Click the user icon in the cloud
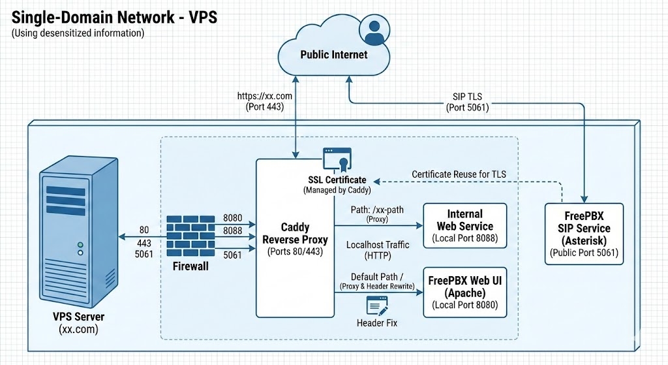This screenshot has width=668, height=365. (x=374, y=29)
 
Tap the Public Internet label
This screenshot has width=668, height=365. (x=333, y=55)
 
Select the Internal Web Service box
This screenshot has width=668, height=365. (x=464, y=226)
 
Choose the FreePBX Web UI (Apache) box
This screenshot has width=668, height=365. (x=464, y=292)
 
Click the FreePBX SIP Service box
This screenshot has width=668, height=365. (x=584, y=234)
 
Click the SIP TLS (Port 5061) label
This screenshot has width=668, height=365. (x=467, y=102)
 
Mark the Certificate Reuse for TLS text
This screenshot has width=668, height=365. (x=459, y=174)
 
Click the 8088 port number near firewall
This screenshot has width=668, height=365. (x=232, y=230)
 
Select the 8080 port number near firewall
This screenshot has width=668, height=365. (x=232, y=217)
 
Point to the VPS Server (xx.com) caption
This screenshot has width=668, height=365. (x=78, y=323)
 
